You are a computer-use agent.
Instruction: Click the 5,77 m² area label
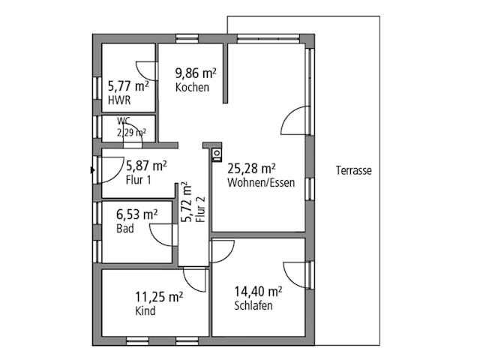click(x=127, y=86)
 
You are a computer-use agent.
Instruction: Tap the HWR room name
click(x=118, y=100)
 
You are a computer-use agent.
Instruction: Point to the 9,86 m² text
click(x=196, y=73)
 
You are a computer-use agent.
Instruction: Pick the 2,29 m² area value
click(x=130, y=132)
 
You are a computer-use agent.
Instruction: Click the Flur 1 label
click(x=139, y=179)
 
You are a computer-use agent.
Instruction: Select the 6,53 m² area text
click(x=136, y=214)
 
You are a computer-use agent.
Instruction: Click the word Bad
click(x=125, y=229)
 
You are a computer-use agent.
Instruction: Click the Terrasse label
click(x=353, y=171)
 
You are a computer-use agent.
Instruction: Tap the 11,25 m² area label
click(x=159, y=297)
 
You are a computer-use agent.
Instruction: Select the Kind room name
click(x=145, y=311)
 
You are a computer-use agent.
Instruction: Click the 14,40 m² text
click(x=257, y=292)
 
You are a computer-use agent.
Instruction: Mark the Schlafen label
click(x=253, y=306)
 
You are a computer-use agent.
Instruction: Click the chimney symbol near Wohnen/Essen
click(x=217, y=154)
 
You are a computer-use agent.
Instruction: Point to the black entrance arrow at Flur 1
click(x=92, y=169)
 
